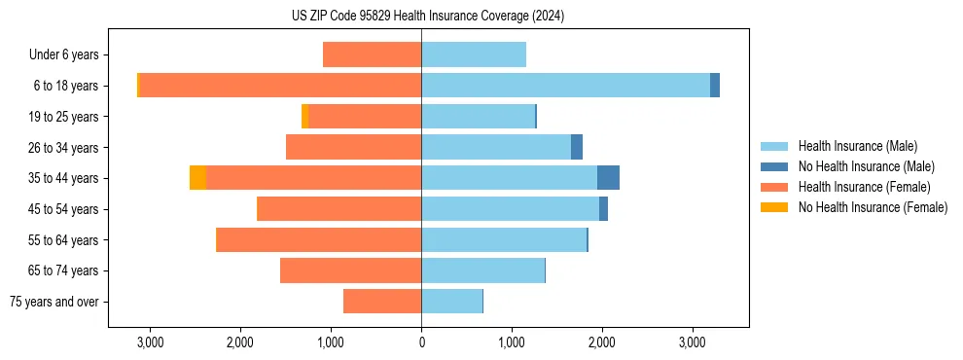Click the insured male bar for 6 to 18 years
point(565,86)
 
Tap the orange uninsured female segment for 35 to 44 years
point(197,178)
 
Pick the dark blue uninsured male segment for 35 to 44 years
point(608,178)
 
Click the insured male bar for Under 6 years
point(474,54)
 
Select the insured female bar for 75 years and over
point(382,302)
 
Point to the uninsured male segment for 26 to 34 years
point(577,147)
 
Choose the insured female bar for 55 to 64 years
point(319,239)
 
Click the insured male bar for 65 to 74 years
point(482,270)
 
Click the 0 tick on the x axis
point(421,342)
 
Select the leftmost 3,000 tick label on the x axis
point(150,342)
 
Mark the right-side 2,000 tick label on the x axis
point(601,342)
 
